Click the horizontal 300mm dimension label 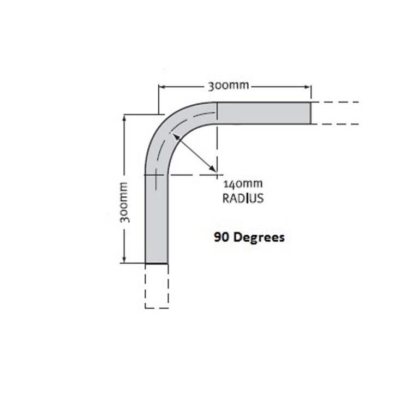point(229,86)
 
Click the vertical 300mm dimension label point(124,202)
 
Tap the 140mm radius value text point(243,184)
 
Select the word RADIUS point(243,198)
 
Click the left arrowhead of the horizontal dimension point(162,87)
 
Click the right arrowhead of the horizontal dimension point(307,87)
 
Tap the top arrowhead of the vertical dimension point(124,118)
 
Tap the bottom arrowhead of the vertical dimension point(124,259)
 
